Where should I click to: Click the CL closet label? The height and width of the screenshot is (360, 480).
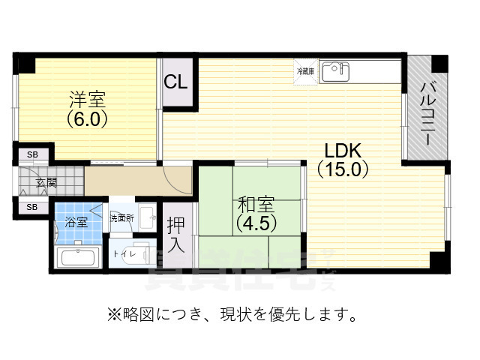click(x=175, y=82)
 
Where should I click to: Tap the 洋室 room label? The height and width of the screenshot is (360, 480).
click(x=88, y=99)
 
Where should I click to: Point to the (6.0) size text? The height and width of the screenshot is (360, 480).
click(x=88, y=118)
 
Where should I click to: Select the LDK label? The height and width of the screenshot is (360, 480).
click(x=343, y=149)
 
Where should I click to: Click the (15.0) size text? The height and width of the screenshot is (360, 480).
click(x=343, y=169)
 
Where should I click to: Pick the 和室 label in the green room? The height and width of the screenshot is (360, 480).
click(x=256, y=204)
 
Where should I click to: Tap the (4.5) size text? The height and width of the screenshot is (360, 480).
click(x=256, y=223)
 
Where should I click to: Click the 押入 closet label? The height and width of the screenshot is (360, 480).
click(x=175, y=234)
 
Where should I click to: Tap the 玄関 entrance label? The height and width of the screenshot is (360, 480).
click(x=46, y=181)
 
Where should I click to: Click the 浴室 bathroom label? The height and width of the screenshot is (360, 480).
click(x=75, y=222)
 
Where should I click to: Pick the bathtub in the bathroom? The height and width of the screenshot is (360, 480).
click(x=78, y=258)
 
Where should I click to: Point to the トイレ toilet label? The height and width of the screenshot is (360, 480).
click(x=120, y=254)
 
